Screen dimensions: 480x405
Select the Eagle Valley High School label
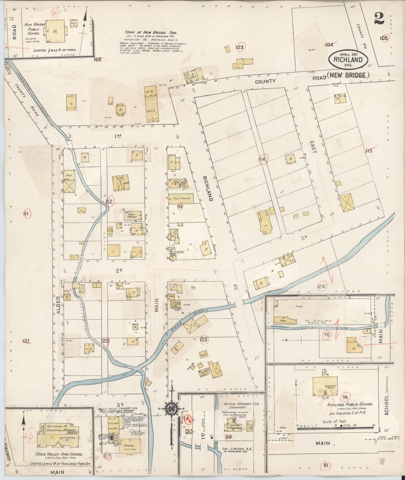[x=59, y=454]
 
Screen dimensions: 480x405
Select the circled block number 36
[x=345, y=397]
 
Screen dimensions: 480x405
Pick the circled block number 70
[x=326, y=335]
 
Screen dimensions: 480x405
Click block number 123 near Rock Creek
[x=203, y=340]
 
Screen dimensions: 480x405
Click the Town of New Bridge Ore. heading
[x=151, y=32]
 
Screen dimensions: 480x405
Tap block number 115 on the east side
[x=369, y=151]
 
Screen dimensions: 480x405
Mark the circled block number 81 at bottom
[x=325, y=465]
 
